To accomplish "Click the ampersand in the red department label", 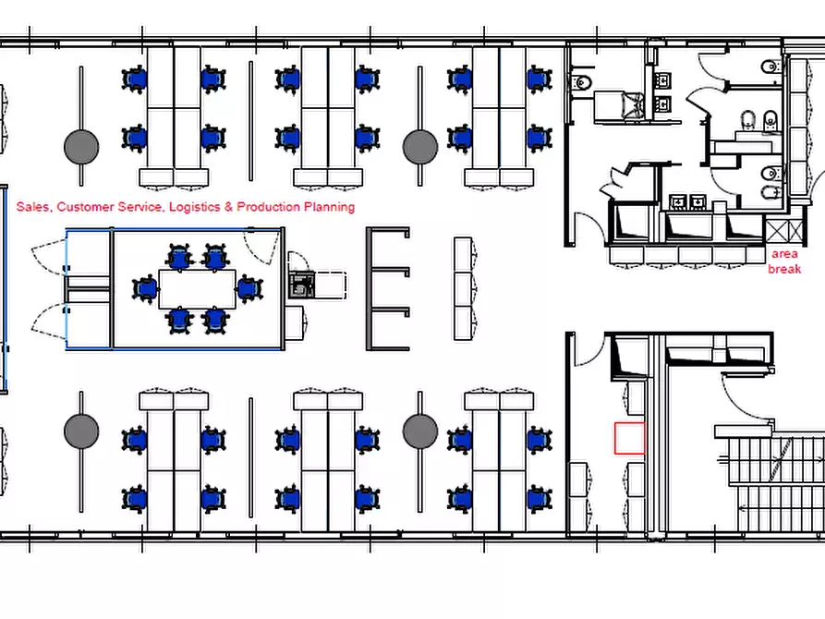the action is [228, 207].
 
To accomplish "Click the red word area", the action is [784, 254].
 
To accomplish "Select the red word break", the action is [784, 269].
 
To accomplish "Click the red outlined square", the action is [630, 438].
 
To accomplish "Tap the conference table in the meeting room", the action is [198, 289].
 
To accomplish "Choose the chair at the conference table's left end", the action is [145, 289].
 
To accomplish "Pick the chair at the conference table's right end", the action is [250, 289].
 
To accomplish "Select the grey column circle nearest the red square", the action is [420, 431].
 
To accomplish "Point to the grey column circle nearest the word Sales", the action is [81, 147].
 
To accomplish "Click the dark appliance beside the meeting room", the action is [301, 285].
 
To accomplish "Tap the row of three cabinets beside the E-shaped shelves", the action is [463, 288].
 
